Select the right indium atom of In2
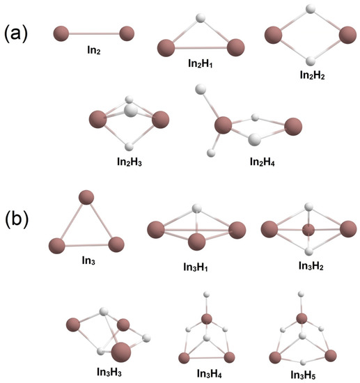pos(127,33)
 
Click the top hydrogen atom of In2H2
pos(308,11)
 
